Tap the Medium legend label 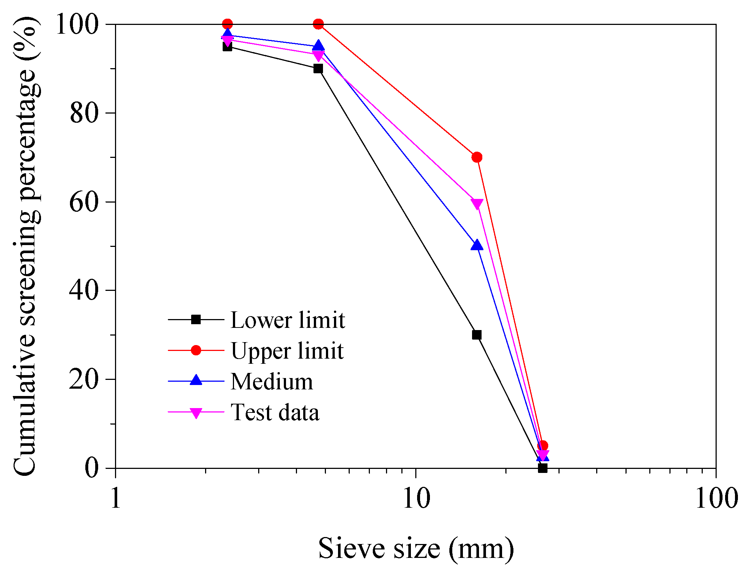(272, 381)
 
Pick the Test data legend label (275, 412)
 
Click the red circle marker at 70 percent (477, 157)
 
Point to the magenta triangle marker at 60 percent (477, 204)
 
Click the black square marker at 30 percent (476, 335)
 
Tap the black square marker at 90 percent (318, 69)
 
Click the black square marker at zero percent (543, 468)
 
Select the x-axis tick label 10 (416, 498)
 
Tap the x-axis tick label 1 (116, 498)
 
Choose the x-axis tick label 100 (716, 498)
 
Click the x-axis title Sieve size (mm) (416, 548)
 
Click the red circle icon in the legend (196, 350)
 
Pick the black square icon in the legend (196, 319)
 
